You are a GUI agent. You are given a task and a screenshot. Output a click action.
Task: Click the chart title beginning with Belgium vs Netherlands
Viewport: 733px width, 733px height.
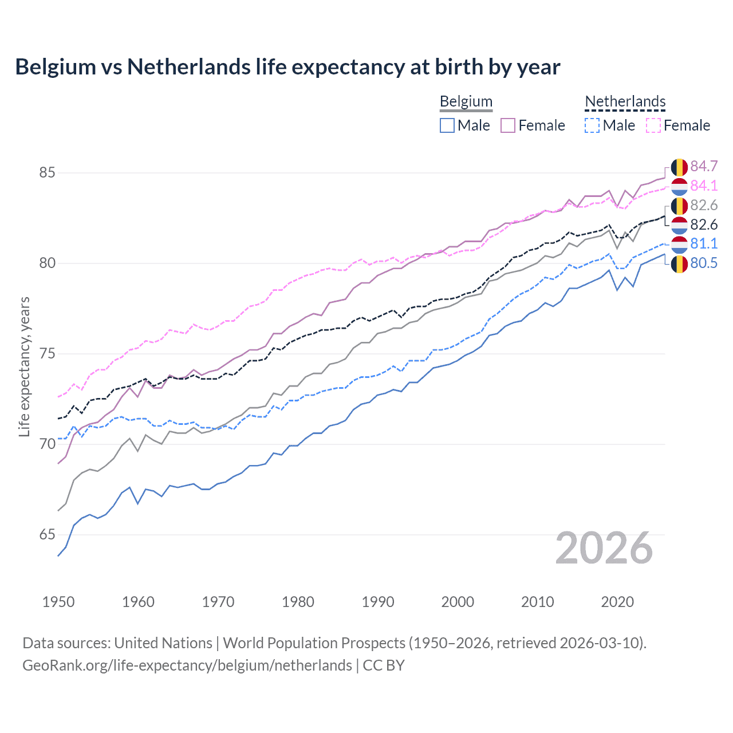tap(287, 67)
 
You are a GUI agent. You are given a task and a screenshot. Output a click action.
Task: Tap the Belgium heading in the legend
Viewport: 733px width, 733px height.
tap(466, 101)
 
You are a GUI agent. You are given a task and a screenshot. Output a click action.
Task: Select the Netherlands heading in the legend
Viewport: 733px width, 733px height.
tap(625, 101)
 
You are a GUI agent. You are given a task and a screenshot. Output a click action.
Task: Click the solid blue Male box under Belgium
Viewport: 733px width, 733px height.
tap(447, 125)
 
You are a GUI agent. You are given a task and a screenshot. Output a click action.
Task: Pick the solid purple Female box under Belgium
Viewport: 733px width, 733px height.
tap(508, 125)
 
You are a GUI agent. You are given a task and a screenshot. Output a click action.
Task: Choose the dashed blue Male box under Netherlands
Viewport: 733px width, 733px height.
tap(592, 125)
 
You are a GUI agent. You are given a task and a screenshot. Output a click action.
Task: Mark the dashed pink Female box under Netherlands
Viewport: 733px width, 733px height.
tap(653, 125)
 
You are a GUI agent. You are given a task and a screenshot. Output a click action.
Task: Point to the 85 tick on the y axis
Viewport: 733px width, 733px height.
tap(47, 172)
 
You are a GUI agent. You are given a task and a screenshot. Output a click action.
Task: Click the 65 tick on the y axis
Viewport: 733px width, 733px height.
tap(47, 534)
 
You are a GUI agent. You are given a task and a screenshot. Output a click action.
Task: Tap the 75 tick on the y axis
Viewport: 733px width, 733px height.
tap(47, 353)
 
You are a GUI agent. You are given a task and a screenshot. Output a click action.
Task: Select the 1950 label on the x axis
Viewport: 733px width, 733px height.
tap(58, 602)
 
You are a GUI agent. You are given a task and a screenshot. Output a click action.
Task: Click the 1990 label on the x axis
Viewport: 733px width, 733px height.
tap(378, 602)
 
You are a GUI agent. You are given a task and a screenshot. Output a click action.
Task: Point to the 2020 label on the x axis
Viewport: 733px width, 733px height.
tap(617, 602)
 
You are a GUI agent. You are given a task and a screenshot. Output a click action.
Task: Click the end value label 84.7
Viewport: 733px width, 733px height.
tap(704, 166)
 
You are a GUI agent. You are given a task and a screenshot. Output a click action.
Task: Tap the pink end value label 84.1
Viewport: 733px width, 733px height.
tap(704, 186)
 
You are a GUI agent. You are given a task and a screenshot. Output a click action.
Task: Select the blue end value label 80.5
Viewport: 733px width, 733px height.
tap(704, 263)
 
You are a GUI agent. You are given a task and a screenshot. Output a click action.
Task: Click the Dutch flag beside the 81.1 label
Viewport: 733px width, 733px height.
tap(679, 244)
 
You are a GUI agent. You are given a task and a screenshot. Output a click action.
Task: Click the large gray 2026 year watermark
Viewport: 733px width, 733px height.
tap(604, 548)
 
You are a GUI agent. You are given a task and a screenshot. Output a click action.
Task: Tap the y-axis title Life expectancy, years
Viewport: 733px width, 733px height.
tap(25, 366)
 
